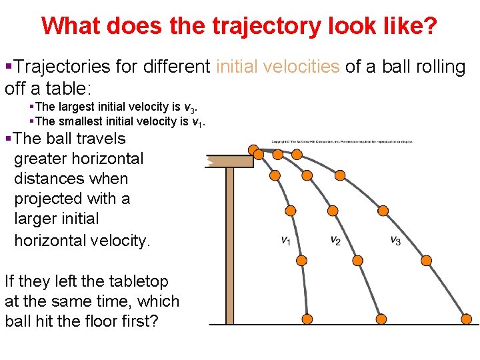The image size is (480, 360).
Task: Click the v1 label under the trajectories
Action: point(285,241)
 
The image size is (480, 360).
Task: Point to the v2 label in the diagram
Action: point(335,241)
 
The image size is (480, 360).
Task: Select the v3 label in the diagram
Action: point(395,241)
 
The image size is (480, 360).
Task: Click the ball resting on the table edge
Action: point(253,151)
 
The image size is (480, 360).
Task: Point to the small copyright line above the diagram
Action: point(342,141)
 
